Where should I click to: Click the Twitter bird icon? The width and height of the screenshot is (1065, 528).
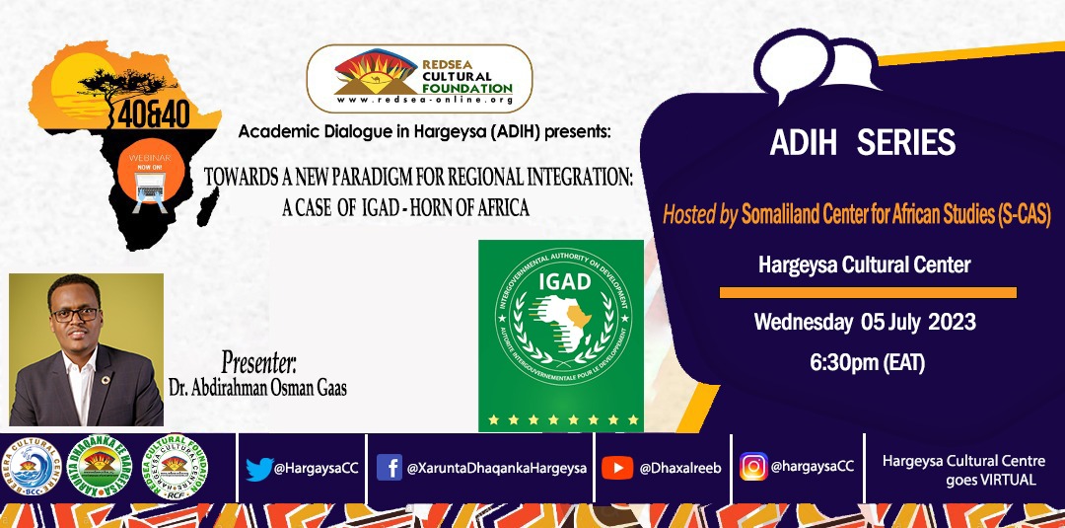[x=259, y=468]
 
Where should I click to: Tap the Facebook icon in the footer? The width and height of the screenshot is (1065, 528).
[x=389, y=467]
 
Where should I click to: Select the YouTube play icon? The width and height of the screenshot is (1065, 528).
[x=616, y=467]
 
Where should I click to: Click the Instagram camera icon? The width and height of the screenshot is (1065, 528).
[x=753, y=466]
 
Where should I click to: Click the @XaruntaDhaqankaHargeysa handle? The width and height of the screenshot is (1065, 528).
[x=496, y=468]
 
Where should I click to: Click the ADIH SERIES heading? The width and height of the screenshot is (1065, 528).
[x=862, y=143]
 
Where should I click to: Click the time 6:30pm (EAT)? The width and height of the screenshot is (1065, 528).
[x=867, y=363]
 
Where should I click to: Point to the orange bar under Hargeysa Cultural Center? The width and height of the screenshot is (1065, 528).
[x=867, y=292]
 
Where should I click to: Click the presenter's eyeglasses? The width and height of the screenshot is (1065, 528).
[x=75, y=314]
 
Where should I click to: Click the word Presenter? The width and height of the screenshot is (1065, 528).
[x=258, y=358]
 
